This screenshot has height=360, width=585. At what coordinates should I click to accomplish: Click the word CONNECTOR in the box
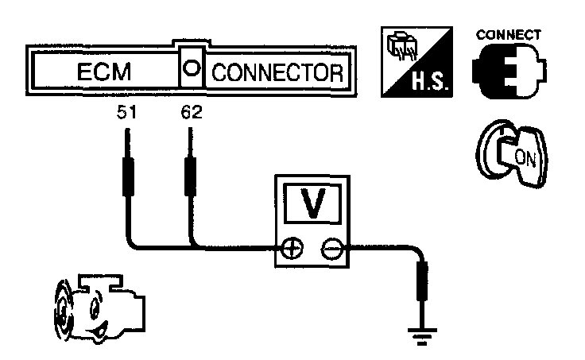(277, 73)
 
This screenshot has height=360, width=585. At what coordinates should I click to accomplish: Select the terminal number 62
(192, 113)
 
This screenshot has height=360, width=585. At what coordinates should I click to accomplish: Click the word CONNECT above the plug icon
(508, 35)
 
